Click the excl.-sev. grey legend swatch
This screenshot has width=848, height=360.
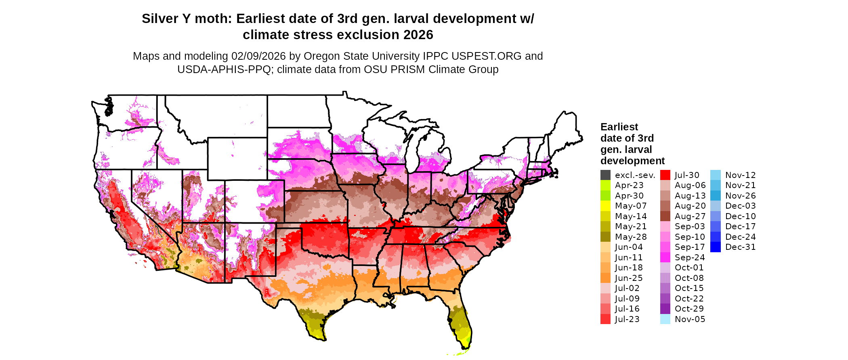(x=605, y=175)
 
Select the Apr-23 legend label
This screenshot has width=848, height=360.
(x=629, y=185)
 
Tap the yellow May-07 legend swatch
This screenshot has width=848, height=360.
(x=605, y=206)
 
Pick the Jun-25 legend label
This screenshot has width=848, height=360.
(x=629, y=278)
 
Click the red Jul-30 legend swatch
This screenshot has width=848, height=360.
(x=665, y=175)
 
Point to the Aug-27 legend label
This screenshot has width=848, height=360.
(x=690, y=216)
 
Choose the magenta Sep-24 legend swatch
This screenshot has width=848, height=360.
(x=665, y=257)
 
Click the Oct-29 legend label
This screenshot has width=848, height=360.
(x=689, y=309)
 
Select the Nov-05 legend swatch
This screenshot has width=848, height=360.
(x=665, y=319)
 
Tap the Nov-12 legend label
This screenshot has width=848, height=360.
(x=740, y=175)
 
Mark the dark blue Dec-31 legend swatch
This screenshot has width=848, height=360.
(x=715, y=247)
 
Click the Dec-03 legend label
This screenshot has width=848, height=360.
(x=740, y=206)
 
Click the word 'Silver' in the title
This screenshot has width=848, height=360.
(x=160, y=19)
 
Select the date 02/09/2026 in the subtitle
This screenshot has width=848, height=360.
(x=258, y=56)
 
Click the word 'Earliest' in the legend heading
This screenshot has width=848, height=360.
(x=619, y=127)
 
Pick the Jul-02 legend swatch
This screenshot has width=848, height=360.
(x=605, y=288)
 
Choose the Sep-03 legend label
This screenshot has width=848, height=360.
(x=690, y=226)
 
